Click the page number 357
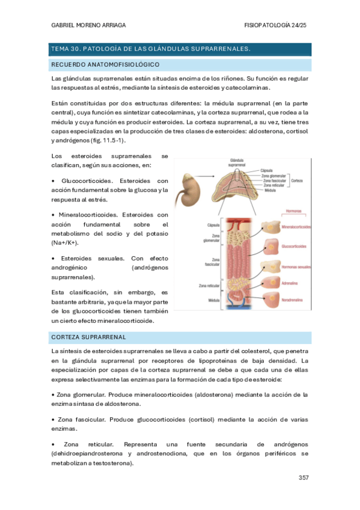coord(304,478)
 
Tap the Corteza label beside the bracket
coord(296,180)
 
